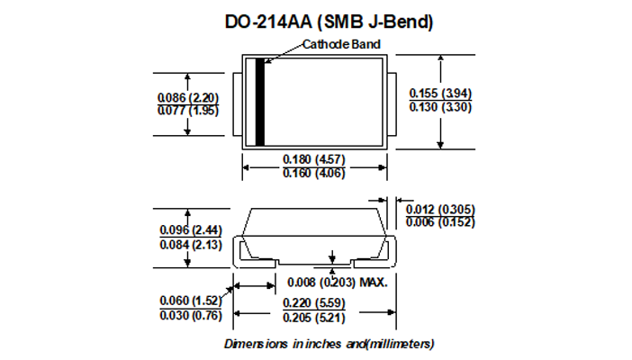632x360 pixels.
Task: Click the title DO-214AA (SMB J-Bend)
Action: [x=329, y=22]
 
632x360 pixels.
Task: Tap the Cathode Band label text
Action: [x=341, y=44]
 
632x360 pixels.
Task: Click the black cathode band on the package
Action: [x=260, y=102]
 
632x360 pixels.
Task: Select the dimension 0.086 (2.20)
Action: [x=188, y=97]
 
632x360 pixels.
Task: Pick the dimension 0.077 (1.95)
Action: [x=188, y=111]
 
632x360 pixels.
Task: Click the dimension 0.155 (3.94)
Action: [x=440, y=93]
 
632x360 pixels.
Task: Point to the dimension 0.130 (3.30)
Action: [x=440, y=107]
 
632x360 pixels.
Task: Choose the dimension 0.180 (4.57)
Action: [x=314, y=159]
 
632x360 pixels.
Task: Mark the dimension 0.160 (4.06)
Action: [x=314, y=173]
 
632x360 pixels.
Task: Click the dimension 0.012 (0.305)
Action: [x=440, y=209]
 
